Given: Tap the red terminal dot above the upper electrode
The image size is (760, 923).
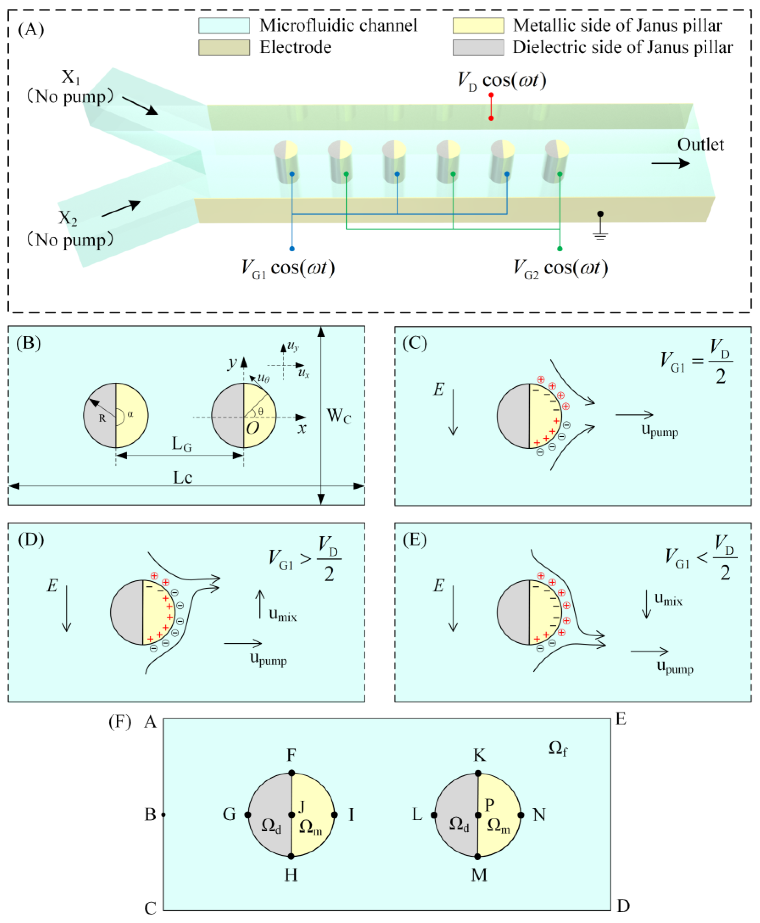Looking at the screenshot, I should pyautogui.click(x=491, y=95).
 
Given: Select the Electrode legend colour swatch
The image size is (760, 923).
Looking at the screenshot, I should pyautogui.click(x=224, y=47).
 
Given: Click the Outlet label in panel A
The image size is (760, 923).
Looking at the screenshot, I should pyautogui.click(x=700, y=144).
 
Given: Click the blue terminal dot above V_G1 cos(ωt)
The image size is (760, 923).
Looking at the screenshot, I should pyautogui.click(x=292, y=249).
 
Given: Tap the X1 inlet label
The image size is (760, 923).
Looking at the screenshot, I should pyautogui.click(x=70, y=77).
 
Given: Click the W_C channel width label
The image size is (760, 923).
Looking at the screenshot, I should pyautogui.click(x=339, y=415).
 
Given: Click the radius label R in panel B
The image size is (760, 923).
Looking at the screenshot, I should pyautogui.click(x=102, y=418).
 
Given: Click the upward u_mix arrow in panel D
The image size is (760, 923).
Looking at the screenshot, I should pyautogui.click(x=260, y=604).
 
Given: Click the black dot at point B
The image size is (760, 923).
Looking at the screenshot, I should pyautogui.click(x=163, y=815).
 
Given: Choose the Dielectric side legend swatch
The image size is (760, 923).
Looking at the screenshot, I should pyautogui.click(x=478, y=47).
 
